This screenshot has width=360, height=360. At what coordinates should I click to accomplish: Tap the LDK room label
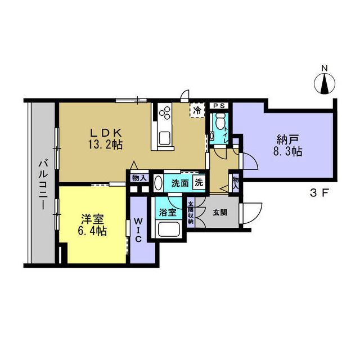(105, 133)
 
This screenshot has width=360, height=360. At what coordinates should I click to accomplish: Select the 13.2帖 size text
(105, 145)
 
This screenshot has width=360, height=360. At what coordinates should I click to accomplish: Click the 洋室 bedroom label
(92, 220)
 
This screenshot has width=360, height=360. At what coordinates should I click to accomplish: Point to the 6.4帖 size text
(92, 231)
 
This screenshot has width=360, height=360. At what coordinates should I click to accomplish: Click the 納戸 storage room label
(287, 140)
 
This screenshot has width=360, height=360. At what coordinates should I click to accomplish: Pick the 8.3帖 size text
(287, 151)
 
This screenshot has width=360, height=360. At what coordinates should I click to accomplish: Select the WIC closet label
(138, 230)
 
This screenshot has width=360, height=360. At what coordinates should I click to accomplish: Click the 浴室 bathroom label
(168, 213)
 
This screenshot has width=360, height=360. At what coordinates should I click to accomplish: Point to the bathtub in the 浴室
(169, 229)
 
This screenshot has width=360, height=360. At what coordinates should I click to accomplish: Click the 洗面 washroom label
(180, 183)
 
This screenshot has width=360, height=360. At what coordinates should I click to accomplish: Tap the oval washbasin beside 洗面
(159, 183)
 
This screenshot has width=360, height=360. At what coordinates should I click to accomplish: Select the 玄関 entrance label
(220, 213)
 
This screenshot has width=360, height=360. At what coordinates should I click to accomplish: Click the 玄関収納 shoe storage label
(191, 213)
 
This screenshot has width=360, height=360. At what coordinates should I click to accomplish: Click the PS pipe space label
(219, 106)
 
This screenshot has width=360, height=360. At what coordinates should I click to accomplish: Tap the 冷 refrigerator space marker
(197, 110)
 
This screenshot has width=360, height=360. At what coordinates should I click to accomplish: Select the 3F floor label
(320, 193)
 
